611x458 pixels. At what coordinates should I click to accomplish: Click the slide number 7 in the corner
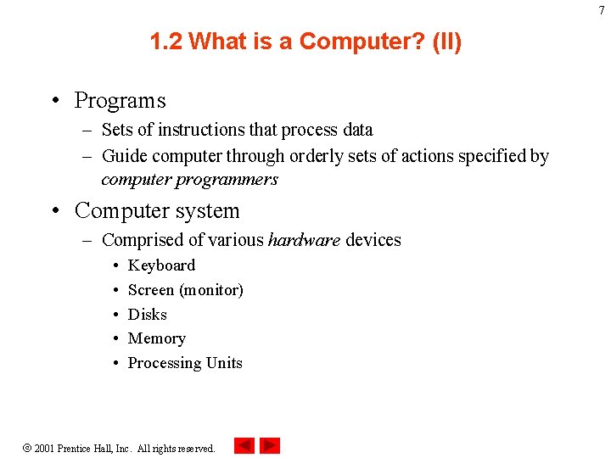[x=602, y=10]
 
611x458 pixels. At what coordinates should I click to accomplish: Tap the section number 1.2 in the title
[x=166, y=42]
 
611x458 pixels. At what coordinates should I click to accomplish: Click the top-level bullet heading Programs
[x=120, y=101]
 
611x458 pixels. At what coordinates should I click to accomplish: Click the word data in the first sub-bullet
[x=356, y=130]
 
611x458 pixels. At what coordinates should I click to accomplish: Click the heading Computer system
[x=157, y=210]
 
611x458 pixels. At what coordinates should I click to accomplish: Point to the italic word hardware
[x=304, y=240]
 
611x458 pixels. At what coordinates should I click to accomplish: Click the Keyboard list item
[x=161, y=265]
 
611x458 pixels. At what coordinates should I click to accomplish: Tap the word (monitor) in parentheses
[x=211, y=290]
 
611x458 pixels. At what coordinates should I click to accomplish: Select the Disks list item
[x=148, y=315]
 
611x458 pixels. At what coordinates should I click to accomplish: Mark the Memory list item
[x=156, y=338]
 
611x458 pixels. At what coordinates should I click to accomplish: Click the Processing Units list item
[x=185, y=363]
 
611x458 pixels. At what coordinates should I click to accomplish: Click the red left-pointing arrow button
[x=244, y=445]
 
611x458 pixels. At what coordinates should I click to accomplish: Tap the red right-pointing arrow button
[x=270, y=445]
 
